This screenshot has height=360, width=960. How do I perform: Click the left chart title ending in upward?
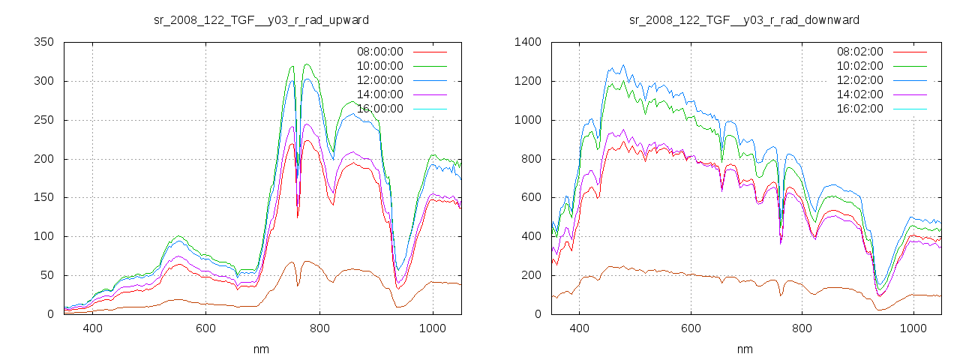tap(261, 19)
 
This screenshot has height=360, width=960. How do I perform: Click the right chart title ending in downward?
tap(744, 19)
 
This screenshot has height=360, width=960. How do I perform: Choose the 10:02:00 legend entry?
tap(859, 66)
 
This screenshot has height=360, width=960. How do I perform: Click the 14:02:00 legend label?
tap(859, 94)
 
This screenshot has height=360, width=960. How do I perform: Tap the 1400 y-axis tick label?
tap(529, 42)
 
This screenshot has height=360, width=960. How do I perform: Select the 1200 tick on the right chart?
tap(529, 81)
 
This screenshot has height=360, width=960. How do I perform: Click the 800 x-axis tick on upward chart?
tap(319, 328)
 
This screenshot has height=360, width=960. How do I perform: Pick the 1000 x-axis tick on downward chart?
tap(913, 328)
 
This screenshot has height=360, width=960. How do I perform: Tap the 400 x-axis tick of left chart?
tap(92, 328)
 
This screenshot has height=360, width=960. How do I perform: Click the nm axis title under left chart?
tap(261, 349)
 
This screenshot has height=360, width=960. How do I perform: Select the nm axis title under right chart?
tap(744, 349)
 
